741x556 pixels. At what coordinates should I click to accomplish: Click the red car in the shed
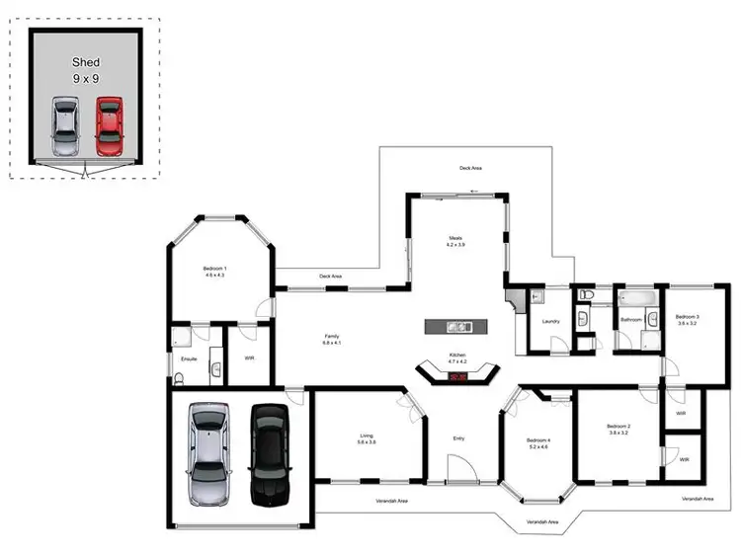[x=109, y=125]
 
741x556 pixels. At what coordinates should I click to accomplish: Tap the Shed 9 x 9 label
[x=86, y=69]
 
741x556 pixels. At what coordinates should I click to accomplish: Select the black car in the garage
[x=267, y=454]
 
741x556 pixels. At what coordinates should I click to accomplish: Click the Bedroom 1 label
[x=214, y=272]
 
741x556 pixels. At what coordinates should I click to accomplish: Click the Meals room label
[x=455, y=240]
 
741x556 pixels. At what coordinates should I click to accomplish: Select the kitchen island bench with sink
[x=457, y=326]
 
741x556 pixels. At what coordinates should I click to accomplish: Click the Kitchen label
[x=456, y=357]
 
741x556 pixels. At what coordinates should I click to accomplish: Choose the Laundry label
[x=550, y=320]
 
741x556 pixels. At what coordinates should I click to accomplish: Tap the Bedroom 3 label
[x=686, y=319]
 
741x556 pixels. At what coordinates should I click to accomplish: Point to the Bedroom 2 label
[x=619, y=429]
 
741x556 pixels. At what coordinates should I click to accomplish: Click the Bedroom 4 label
[x=537, y=443]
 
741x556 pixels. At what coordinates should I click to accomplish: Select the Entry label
[x=458, y=437]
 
